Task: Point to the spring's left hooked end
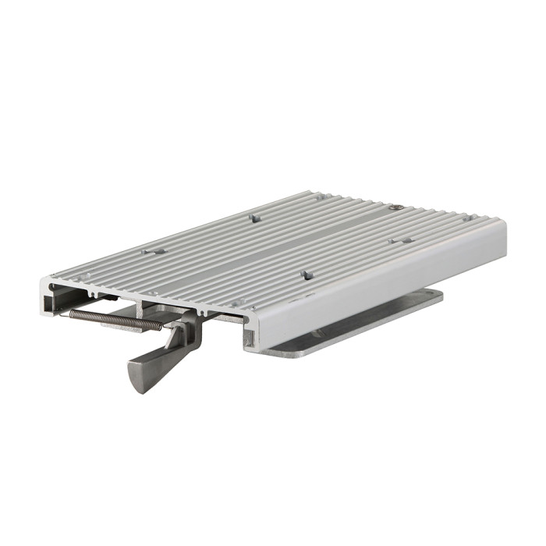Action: pos(72,312)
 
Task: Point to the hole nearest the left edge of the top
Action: pos(151,252)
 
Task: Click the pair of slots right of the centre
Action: pos(400,241)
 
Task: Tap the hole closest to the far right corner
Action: pos(466,219)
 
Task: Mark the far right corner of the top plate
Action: pos(503,224)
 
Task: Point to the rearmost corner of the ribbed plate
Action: pos(310,191)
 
